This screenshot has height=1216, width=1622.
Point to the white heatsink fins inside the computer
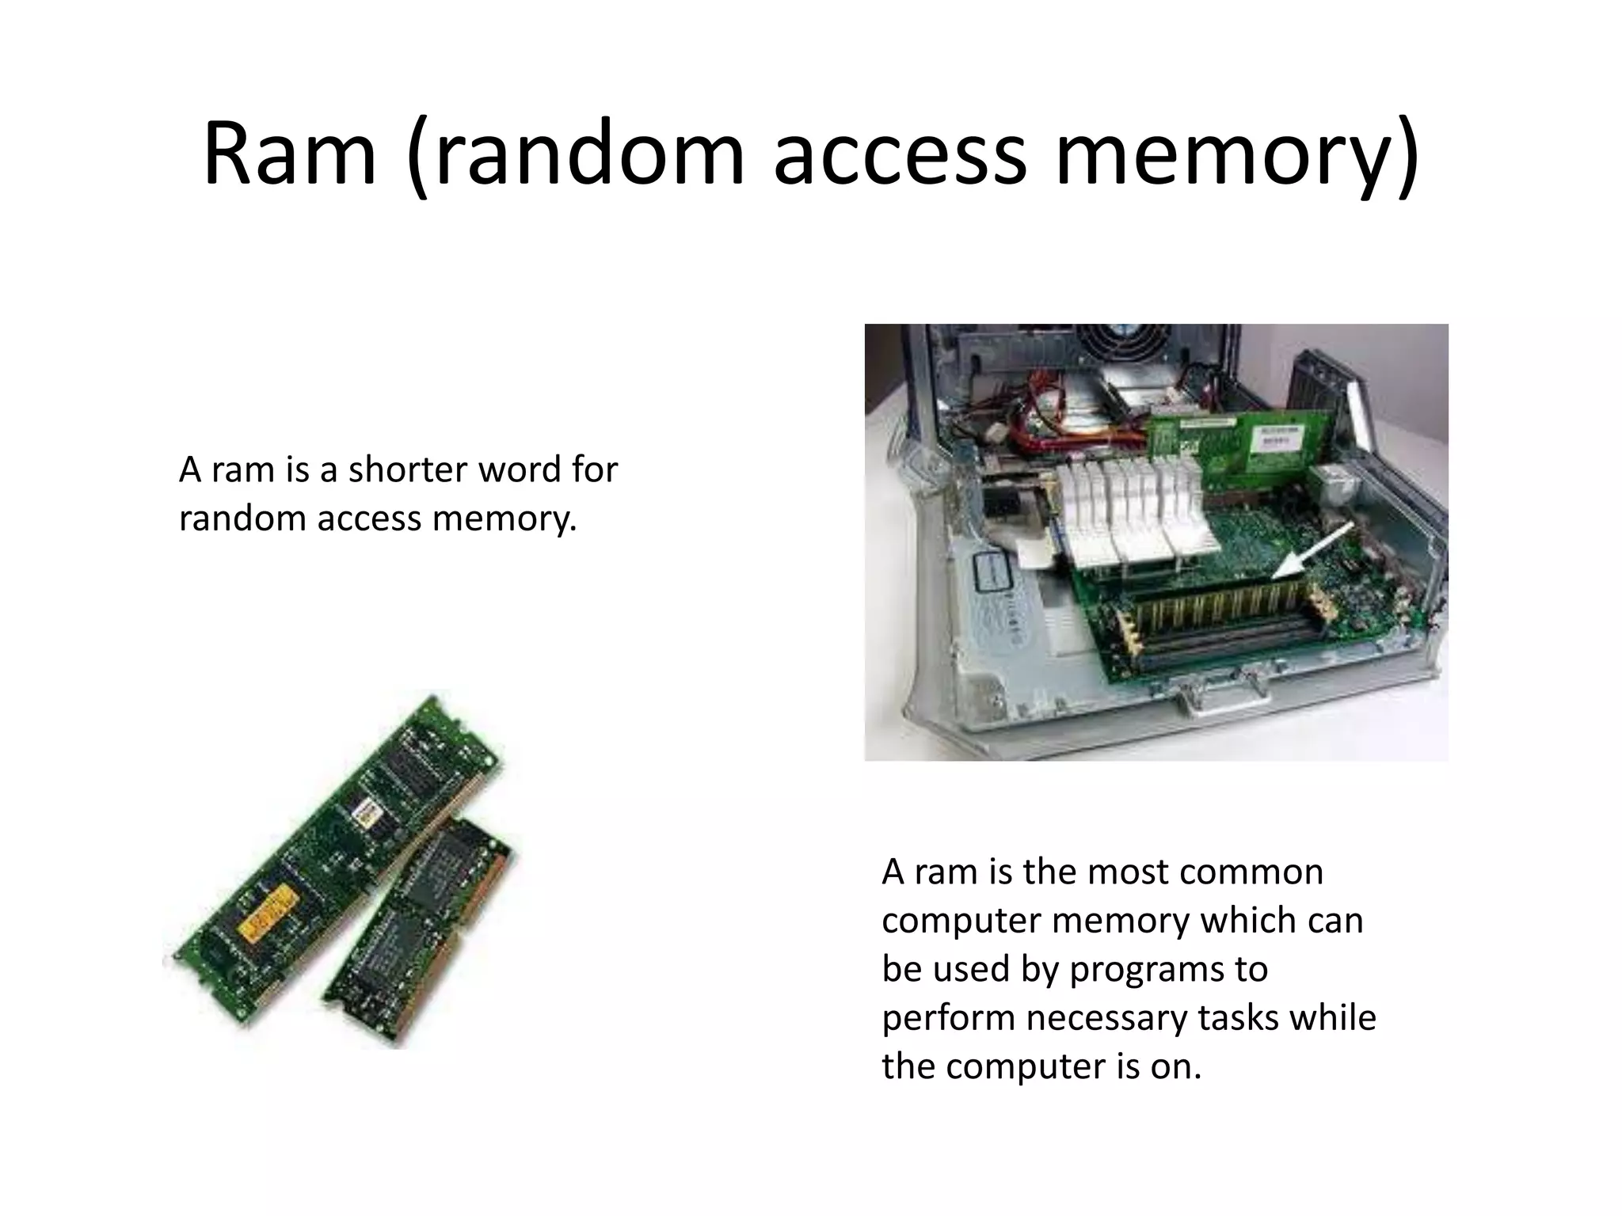(x=1125, y=515)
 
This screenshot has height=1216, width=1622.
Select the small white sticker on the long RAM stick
(x=366, y=809)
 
